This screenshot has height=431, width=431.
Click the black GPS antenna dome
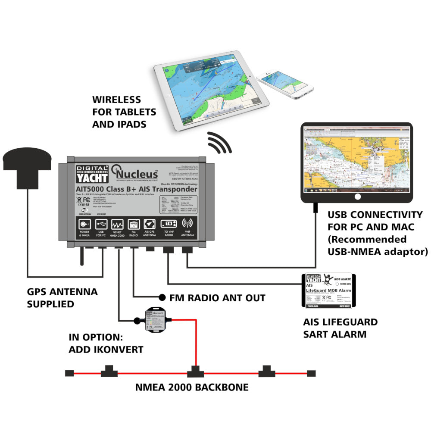28,162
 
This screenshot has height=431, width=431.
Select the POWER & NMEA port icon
84,224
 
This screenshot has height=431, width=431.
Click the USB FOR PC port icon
100,224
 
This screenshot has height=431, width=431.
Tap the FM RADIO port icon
133,225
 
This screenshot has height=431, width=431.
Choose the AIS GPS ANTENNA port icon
150,225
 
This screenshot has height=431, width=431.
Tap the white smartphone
282,84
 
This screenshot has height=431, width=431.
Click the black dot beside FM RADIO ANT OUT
162,297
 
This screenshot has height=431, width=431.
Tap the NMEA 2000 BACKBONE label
192,387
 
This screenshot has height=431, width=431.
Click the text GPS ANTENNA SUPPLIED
62,298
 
